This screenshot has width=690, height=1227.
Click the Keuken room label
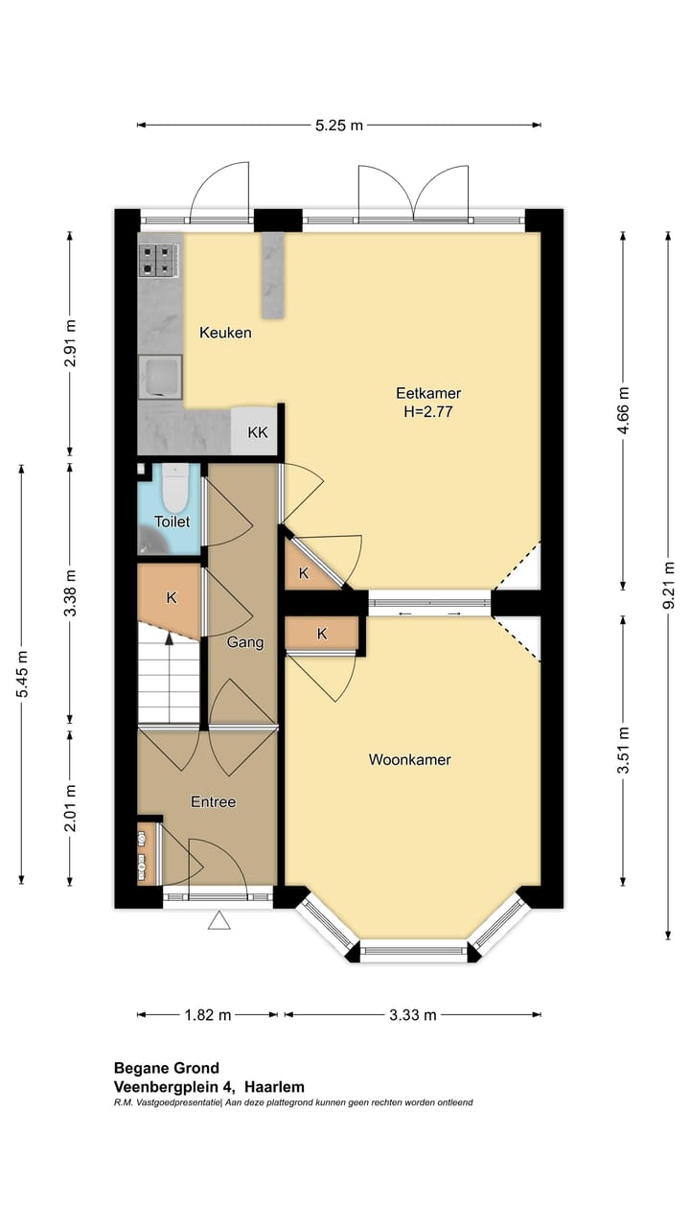point(225,333)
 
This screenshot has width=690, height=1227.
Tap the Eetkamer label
point(428,393)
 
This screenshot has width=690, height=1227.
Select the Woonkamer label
point(409,759)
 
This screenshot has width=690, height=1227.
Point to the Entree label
point(213,802)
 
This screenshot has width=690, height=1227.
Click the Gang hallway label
point(244,642)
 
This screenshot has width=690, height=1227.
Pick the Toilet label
point(172,521)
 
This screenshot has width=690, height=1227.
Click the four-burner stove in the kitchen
point(159,260)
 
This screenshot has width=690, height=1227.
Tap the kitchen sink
point(160,377)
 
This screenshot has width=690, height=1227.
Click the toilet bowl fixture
point(175,488)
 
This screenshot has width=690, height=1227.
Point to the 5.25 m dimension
point(339,126)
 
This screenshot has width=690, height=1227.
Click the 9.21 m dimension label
point(668,585)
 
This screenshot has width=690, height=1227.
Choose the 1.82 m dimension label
point(208,1015)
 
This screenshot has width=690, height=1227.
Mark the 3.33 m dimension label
point(413,1015)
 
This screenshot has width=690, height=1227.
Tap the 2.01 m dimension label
point(70,807)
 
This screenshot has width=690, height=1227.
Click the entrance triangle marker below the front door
point(218,920)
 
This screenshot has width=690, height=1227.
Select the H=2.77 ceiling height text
point(428,411)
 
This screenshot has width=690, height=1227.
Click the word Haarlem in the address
point(274,1087)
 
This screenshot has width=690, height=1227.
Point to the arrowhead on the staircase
point(170,637)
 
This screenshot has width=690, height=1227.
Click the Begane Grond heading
point(167,1068)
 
